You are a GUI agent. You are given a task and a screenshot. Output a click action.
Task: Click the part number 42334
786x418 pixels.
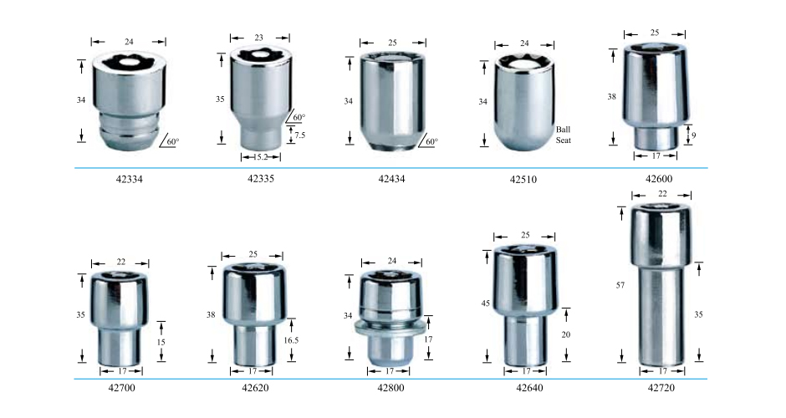(130, 179)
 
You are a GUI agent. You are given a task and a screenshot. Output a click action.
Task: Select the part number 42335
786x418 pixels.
(261, 178)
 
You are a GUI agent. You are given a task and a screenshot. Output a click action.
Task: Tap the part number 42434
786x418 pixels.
(391, 179)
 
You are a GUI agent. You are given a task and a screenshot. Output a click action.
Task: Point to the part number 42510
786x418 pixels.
(523, 180)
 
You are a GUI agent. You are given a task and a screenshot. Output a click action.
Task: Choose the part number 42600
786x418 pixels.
(659, 179)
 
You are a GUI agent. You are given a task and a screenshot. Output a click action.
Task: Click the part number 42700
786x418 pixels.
(121, 388)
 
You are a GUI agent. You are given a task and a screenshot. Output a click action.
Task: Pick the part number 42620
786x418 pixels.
(255, 388)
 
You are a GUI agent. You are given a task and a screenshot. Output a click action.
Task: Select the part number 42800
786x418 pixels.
(390, 388)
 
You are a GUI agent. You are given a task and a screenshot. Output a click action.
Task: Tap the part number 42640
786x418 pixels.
(529, 388)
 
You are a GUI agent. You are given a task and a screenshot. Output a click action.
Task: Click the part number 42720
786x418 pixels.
(661, 388)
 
